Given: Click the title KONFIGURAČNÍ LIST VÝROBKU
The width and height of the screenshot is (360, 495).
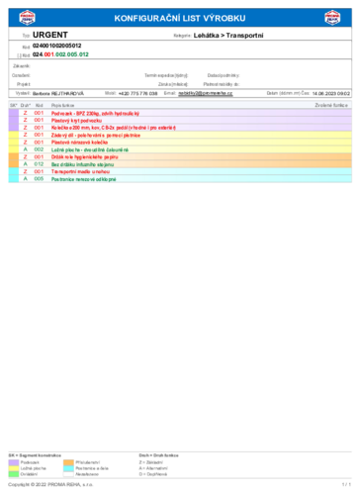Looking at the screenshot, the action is click(x=179, y=18).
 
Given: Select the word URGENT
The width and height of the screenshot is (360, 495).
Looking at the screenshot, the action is click(x=50, y=35).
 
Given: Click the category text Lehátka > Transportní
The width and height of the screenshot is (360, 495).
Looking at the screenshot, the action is click(x=228, y=35).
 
